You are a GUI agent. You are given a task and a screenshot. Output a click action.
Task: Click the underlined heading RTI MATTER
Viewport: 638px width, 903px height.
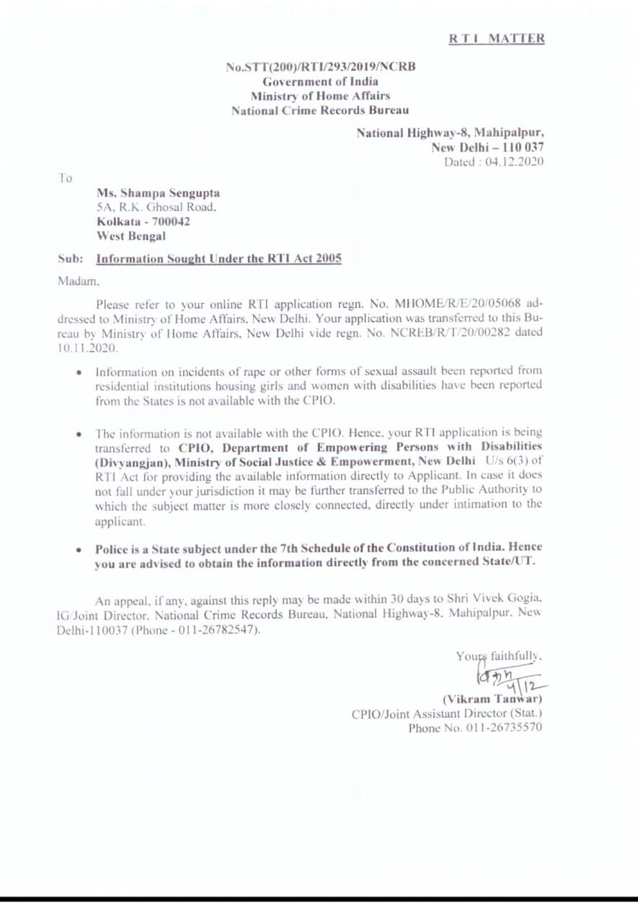497,38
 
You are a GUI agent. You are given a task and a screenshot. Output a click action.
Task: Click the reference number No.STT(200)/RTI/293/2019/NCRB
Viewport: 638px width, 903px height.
322,68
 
